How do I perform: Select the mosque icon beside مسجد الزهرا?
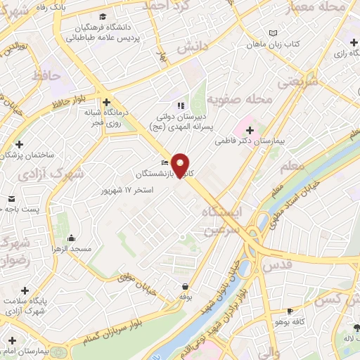62,238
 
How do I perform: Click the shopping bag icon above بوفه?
185,287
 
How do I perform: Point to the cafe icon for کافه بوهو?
290,311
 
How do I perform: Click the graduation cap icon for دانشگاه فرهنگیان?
103,15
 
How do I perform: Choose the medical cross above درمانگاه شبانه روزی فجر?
107,101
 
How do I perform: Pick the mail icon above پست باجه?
12,198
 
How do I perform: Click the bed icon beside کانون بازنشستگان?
165,163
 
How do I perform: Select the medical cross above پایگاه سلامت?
25,289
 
